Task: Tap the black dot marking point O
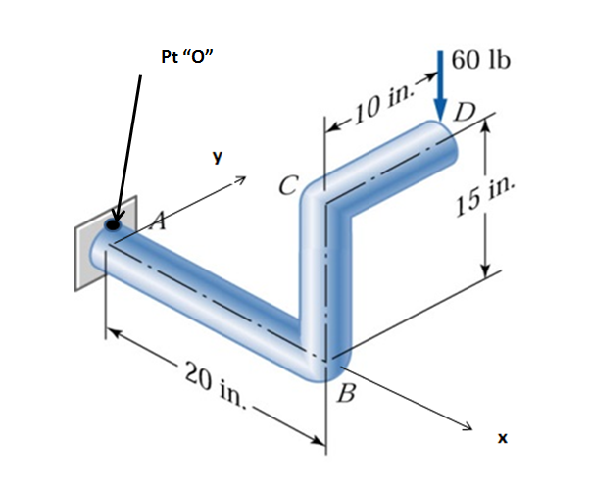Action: pyautogui.click(x=114, y=224)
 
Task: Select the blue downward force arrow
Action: pyautogui.click(x=441, y=88)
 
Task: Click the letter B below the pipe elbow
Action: pyautogui.click(x=344, y=396)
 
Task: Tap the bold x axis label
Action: pyautogui.click(x=502, y=439)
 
